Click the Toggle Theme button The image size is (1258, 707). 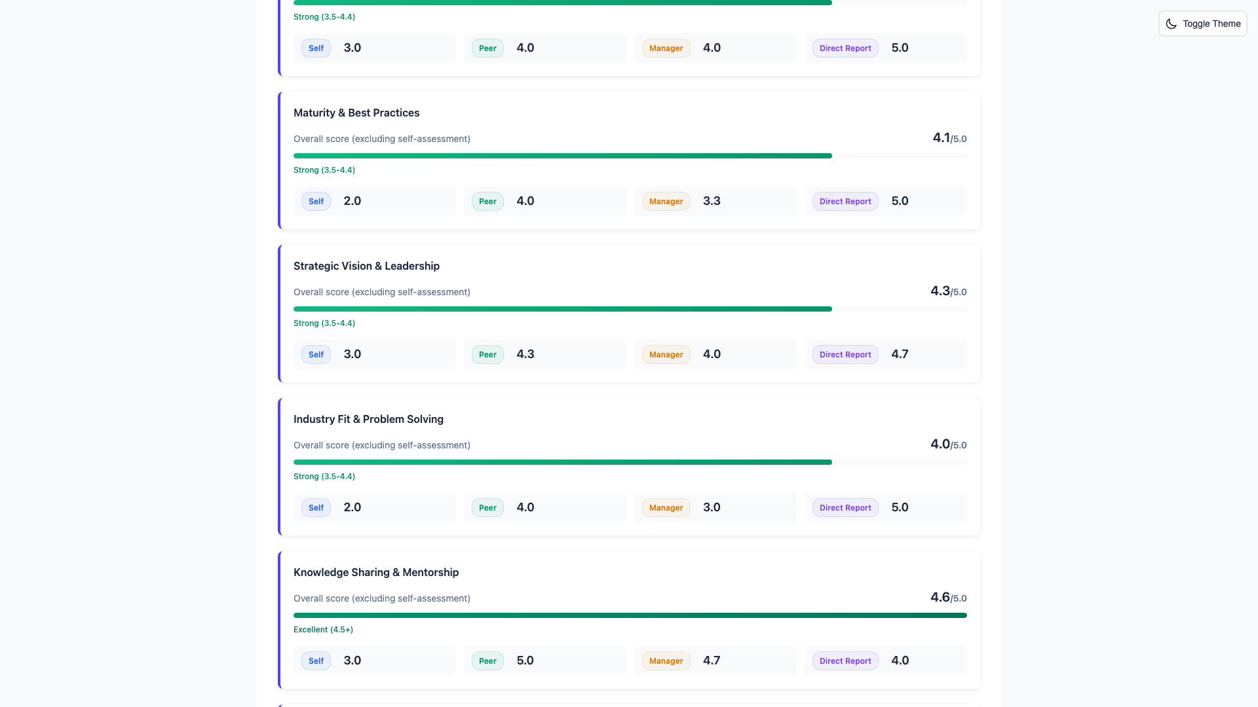(x=1202, y=24)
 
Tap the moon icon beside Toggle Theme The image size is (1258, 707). (x=1172, y=24)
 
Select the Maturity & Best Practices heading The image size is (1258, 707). (x=356, y=113)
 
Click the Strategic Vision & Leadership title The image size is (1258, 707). (x=366, y=266)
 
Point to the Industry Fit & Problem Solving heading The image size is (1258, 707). (x=368, y=419)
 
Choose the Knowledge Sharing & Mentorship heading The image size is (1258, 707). (x=376, y=572)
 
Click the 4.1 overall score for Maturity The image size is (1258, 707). (x=942, y=138)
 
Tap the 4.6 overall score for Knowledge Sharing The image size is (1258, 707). (x=940, y=598)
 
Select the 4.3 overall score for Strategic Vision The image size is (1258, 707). (x=940, y=291)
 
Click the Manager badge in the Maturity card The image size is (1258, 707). (x=666, y=202)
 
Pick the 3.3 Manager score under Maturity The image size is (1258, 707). (x=712, y=201)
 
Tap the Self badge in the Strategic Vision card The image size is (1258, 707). (x=316, y=355)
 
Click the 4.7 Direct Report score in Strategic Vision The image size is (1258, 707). (x=900, y=354)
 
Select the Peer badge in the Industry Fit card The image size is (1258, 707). (x=487, y=508)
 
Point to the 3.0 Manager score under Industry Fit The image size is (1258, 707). (x=712, y=507)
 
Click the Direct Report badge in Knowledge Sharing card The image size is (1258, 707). (x=845, y=661)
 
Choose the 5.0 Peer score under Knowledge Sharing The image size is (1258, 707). (x=525, y=661)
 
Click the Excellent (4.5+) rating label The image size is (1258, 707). (x=323, y=630)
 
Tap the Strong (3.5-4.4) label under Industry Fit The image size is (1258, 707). (x=324, y=477)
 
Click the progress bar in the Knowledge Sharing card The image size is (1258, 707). (x=630, y=615)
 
